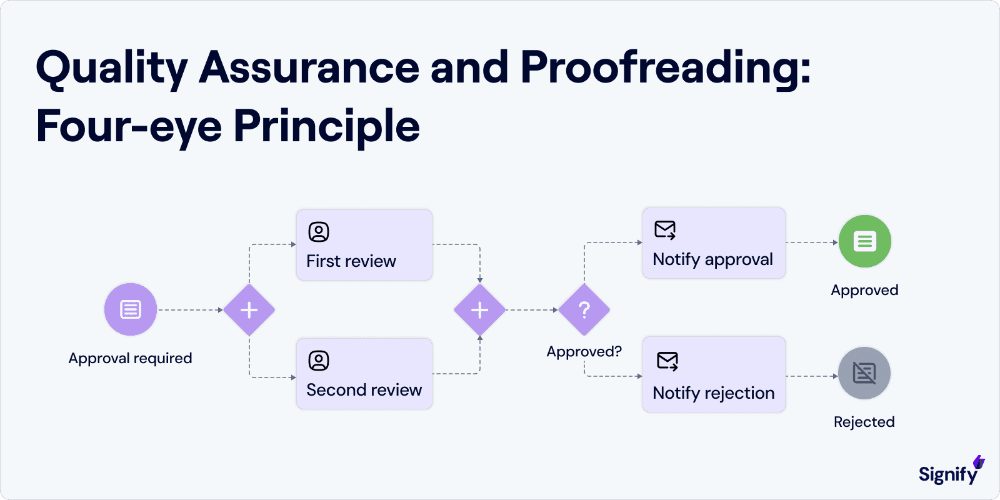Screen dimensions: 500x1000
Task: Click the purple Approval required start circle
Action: coord(131,309)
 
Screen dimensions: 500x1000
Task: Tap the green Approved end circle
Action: coord(865,241)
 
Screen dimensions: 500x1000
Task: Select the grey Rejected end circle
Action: coord(864,373)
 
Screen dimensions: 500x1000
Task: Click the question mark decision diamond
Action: coord(584,310)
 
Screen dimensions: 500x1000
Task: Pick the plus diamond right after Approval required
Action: coord(249,310)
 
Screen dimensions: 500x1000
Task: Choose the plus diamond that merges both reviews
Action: coord(479,310)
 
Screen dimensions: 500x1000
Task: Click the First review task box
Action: coord(364,245)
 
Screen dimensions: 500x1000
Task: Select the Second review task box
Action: coord(364,374)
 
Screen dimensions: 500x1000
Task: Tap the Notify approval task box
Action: coord(714,243)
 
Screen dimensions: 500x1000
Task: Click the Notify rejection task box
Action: coord(714,374)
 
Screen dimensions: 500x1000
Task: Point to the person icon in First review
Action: coord(319,232)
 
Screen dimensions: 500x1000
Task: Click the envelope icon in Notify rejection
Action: coord(667,361)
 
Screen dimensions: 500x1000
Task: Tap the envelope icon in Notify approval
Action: coord(665,230)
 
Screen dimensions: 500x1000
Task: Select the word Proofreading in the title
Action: coord(665,67)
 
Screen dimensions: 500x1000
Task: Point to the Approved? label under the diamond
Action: coord(584,352)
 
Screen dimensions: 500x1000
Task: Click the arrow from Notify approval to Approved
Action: coord(811,242)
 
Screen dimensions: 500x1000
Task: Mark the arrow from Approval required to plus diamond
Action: coord(190,310)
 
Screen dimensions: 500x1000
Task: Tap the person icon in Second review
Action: coord(319,361)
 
